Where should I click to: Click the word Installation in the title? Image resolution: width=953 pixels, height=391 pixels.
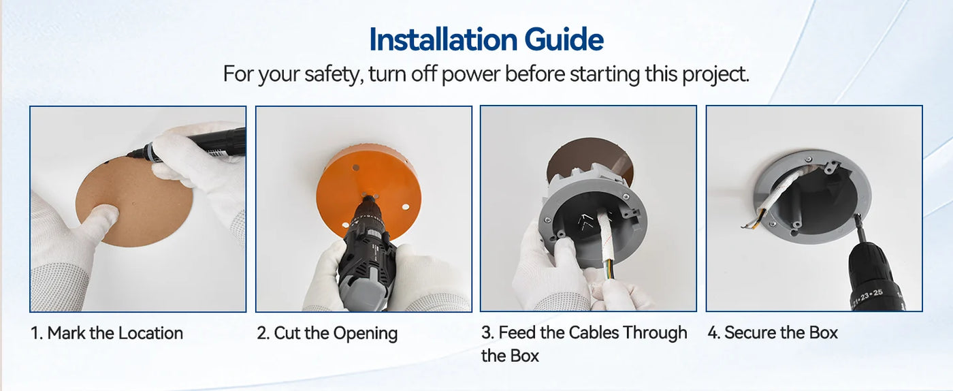(442, 40)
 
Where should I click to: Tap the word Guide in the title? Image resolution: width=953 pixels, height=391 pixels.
(564, 40)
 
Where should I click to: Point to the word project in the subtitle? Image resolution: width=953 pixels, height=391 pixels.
(715, 75)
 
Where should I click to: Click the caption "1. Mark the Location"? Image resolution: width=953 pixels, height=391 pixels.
(107, 333)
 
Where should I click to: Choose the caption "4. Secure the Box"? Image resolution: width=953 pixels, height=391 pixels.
(773, 332)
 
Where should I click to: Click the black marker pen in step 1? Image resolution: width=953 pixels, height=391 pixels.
(191, 145)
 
